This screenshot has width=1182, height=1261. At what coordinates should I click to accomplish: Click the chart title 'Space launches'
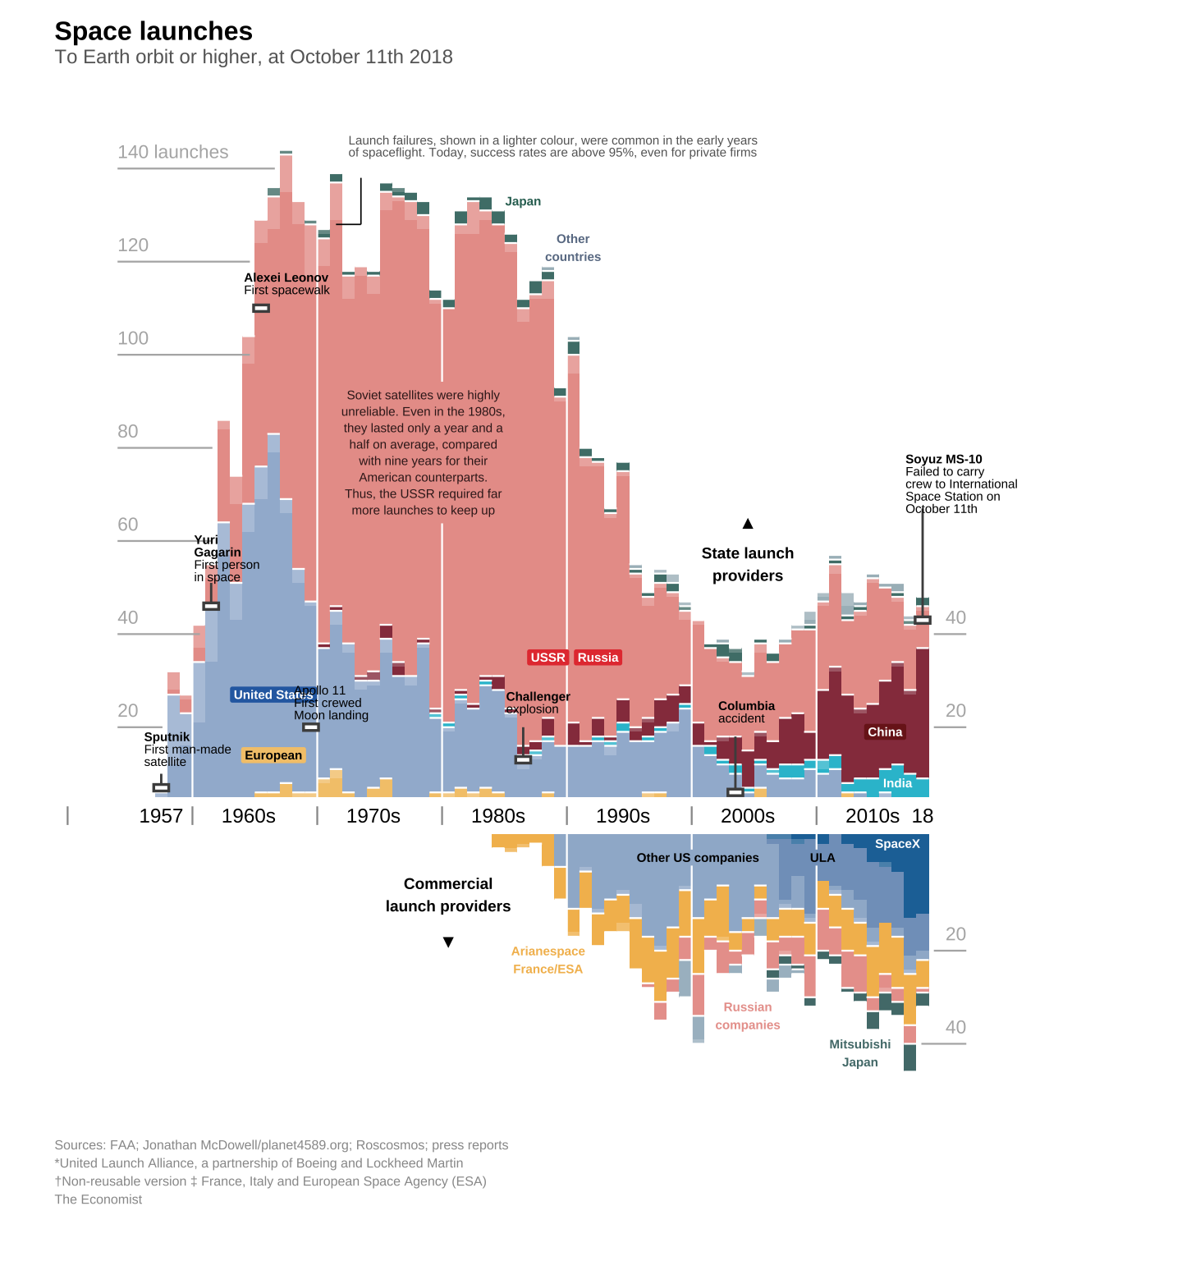153,31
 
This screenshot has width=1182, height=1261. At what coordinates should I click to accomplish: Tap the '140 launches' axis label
173,152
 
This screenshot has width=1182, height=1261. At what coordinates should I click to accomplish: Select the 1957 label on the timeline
161,815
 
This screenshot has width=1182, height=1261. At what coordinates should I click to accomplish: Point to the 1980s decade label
498,815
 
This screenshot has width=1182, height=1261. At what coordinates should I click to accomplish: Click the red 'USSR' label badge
547,658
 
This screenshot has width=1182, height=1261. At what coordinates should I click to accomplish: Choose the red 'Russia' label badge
598,658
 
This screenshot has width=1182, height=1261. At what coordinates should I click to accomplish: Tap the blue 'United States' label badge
273,695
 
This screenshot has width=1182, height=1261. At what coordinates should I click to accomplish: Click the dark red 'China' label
885,732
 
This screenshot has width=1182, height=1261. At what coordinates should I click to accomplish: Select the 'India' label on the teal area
897,783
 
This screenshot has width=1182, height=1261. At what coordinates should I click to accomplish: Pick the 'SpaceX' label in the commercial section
897,844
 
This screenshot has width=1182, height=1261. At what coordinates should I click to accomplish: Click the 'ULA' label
822,858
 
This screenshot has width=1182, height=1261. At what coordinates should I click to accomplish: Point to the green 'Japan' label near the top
523,201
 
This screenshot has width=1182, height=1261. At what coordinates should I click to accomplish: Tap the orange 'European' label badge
273,755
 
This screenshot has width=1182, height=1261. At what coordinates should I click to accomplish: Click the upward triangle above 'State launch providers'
748,524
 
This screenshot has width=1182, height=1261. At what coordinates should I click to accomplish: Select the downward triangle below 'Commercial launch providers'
448,942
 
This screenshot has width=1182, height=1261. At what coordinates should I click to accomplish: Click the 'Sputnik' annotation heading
167,736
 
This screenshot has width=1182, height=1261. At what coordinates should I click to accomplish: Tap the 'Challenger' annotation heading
538,696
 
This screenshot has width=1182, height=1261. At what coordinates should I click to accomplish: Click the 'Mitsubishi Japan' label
859,1053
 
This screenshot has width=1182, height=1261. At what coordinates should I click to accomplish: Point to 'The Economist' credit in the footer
98,1199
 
